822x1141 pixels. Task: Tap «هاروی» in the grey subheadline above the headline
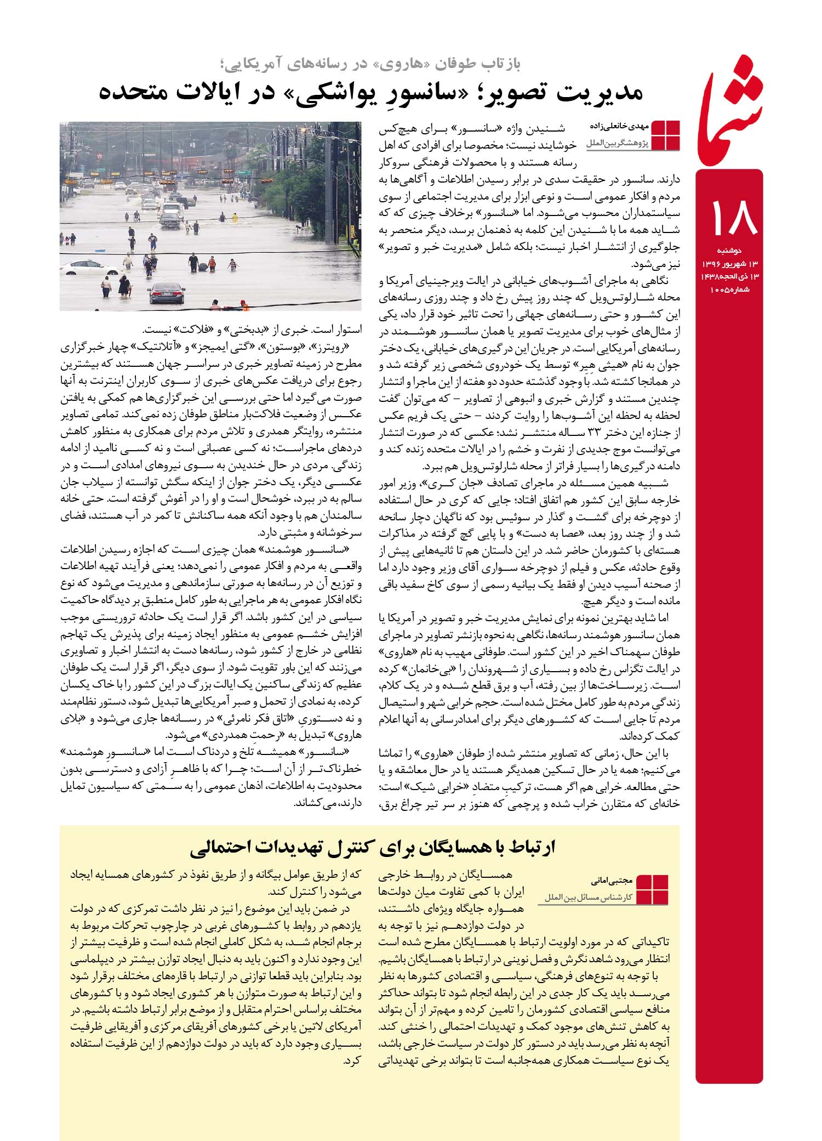[x=403, y=65]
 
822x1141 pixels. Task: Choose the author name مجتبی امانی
[x=612, y=881]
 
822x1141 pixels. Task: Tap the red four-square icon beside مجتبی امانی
[x=654, y=889]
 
